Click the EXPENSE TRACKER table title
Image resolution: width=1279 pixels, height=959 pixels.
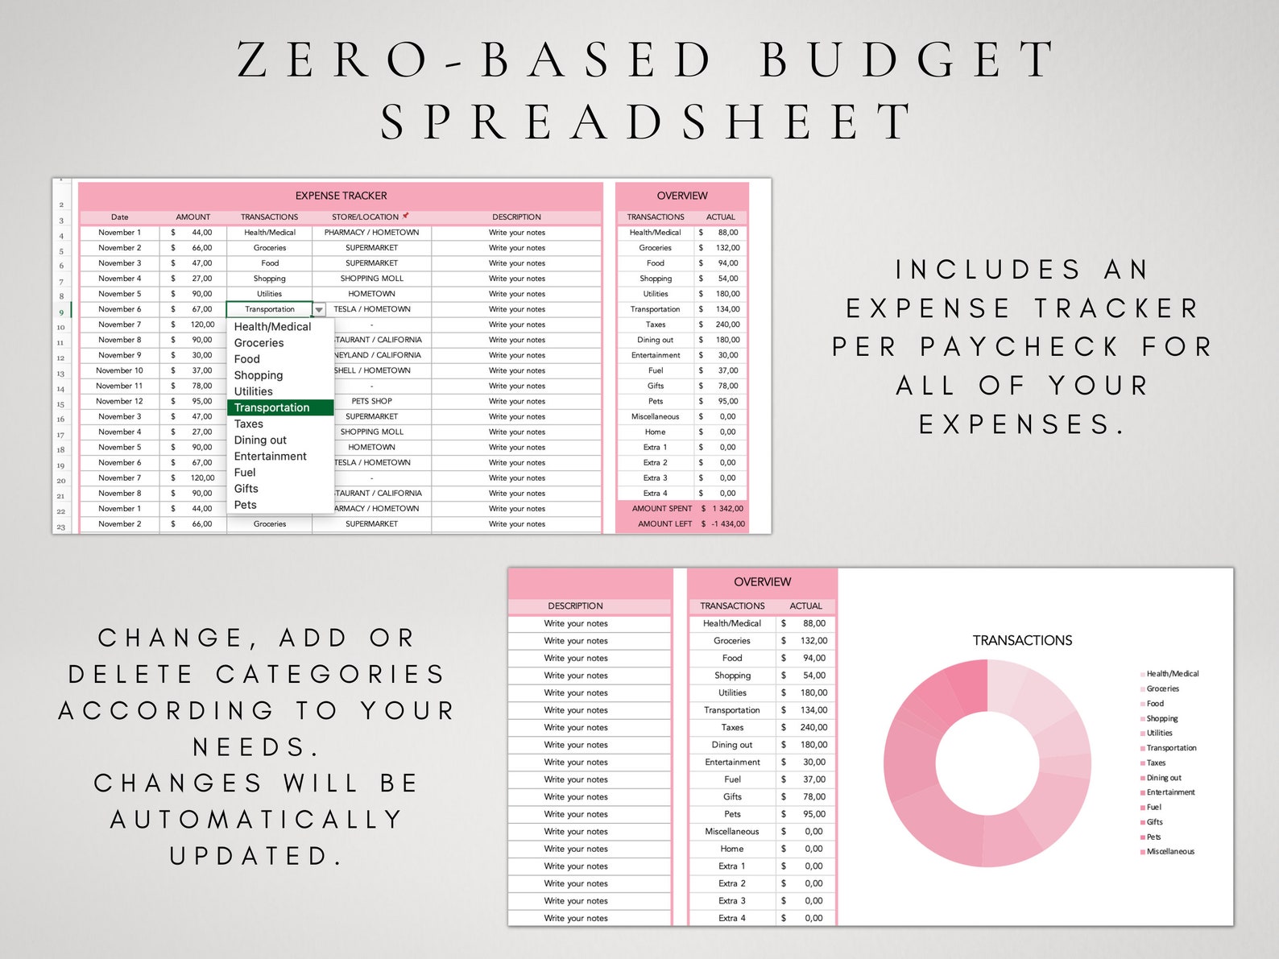pyautogui.click(x=341, y=196)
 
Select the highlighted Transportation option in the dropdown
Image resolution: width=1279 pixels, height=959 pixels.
pyautogui.click(x=272, y=407)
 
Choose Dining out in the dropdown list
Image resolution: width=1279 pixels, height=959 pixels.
pyautogui.click(x=260, y=440)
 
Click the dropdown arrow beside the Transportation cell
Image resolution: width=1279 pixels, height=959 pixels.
pyautogui.click(x=319, y=309)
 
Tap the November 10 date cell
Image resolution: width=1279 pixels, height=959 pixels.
pyautogui.click(x=119, y=370)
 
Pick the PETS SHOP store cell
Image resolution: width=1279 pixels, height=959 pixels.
pyautogui.click(x=371, y=401)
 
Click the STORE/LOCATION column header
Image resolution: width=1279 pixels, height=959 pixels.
pyautogui.click(x=365, y=217)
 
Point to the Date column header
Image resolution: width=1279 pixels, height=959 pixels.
pyautogui.click(x=119, y=217)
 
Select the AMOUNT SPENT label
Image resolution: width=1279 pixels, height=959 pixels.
pyautogui.click(x=661, y=508)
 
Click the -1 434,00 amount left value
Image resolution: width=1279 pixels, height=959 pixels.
pyautogui.click(x=728, y=523)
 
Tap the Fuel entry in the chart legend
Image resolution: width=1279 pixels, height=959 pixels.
pyautogui.click(x=1153, y=807)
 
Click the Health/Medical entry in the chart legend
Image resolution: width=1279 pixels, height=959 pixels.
pyautogui.click(x=1172, y=673)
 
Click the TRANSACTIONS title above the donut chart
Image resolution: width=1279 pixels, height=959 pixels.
pyautogui.click(x=1022, y=640)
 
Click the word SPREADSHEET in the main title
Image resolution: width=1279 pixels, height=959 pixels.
pyautogui.click(x=647, y=122)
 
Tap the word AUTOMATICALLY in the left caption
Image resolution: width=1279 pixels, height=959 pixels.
pyautogui.click(x=257, y=819)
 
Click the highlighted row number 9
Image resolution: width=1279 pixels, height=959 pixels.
pyautogui.click(x=61, y=312)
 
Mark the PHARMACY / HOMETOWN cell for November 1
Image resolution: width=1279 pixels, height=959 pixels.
pyautogui.click(x=371, y=232)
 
